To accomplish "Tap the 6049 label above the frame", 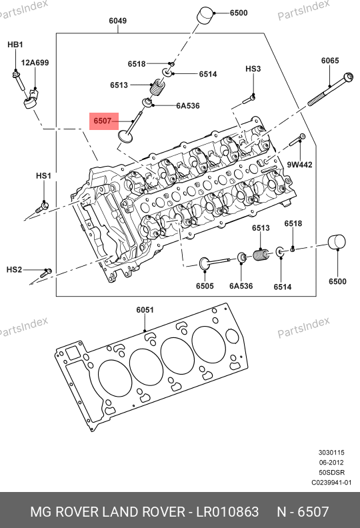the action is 117,21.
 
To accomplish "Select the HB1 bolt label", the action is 15,45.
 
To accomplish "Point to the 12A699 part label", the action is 35,63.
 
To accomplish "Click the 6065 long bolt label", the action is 330,61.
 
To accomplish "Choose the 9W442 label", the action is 299,165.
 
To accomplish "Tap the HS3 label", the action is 253,69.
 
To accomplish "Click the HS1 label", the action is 43,176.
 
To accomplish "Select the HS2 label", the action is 14,270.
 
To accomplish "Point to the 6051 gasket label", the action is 145,310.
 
